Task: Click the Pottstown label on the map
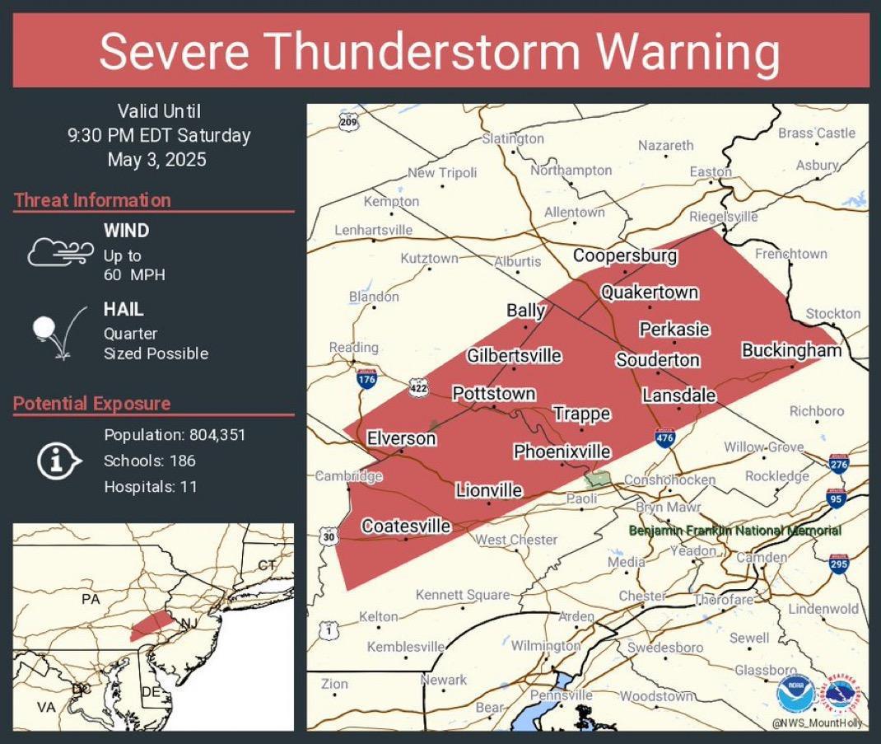494,394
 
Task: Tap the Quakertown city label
649,292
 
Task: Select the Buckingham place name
791,350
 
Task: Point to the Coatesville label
406,526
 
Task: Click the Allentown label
574,213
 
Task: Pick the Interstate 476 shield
665,438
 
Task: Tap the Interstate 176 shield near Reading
367,379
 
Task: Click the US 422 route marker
417,386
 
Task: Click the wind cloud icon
55,251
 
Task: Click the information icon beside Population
58,461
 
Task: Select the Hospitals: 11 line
151,487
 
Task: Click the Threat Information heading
92,200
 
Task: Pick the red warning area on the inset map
151,625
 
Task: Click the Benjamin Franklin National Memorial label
734,531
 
